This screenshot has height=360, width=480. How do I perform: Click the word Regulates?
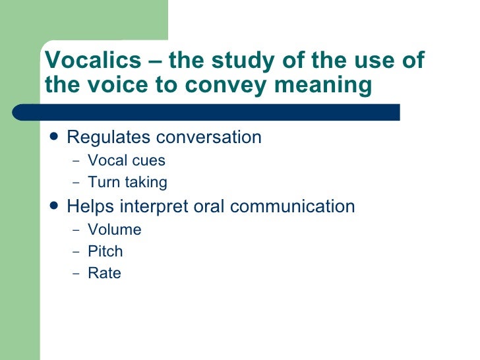coord(108,137)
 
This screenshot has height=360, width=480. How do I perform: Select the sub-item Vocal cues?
coord(126,160)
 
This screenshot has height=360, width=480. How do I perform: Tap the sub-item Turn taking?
coord(127,182)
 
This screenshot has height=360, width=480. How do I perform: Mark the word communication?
coord(293,206)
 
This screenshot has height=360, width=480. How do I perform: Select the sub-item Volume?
coord(114,229)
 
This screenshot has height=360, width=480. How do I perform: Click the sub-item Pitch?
coord(105,251)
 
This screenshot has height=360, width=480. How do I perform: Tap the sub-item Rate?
coord(104,273)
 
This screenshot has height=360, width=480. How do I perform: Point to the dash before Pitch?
coord(75,252)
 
